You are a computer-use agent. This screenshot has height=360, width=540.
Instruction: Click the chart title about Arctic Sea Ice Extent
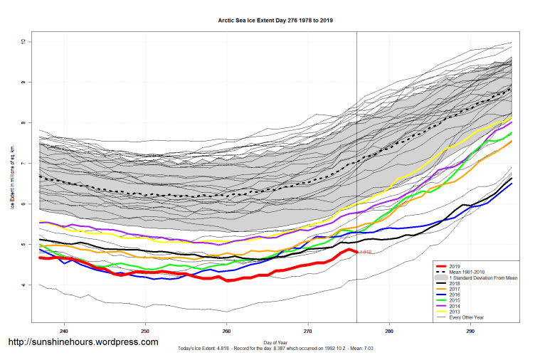coord(275,21)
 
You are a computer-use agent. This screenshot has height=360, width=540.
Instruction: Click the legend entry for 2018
coord(455,282)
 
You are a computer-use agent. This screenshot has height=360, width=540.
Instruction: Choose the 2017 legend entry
coord(455,290)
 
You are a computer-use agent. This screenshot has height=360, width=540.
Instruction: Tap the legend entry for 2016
coord(455,296)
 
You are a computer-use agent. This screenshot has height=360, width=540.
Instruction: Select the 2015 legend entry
coord(455,302)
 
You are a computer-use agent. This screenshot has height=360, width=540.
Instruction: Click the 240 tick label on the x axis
coord(64,332)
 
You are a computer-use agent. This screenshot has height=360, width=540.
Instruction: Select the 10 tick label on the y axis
coord(23,42)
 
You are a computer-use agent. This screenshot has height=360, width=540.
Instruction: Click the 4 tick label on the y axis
coord(23,285)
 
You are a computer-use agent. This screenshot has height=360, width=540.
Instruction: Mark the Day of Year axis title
coord(275,342)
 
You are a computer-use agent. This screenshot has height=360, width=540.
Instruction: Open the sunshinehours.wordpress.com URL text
coord(83,342)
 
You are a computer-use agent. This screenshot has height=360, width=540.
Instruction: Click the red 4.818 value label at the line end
coord(365,253)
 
